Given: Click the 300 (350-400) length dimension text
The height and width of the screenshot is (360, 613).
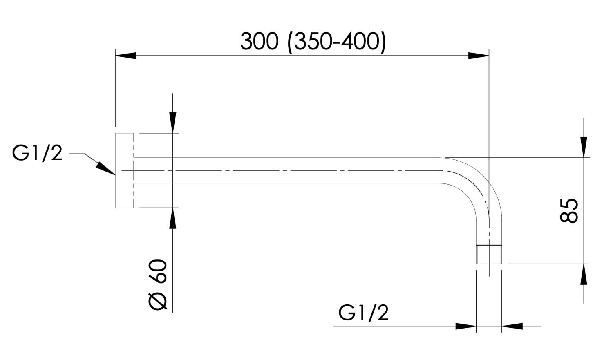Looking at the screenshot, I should click(313, 41).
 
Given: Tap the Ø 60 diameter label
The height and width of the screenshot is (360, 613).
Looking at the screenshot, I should click(159, 285).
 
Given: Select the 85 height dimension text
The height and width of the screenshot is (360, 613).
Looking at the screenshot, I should click(569, 210).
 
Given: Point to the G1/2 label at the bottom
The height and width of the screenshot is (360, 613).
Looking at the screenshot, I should click(363, 313).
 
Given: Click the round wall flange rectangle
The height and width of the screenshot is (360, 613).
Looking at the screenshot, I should click(125, 170).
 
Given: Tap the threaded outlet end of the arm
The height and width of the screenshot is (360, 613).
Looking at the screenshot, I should click(489, 254).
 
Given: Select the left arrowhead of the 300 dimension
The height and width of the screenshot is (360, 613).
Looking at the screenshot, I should click(126, 56).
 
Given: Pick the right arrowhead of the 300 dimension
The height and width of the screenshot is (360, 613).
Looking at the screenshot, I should click(479, 56).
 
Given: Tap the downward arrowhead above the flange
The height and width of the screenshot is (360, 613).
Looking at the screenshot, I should click(173, 122).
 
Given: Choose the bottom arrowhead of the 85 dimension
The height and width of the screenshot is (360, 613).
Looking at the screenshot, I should click(584, 274).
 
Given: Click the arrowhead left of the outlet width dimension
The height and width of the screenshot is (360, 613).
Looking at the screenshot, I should click(466, 326).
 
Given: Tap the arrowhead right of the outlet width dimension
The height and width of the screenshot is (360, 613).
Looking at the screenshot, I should click(512, 326).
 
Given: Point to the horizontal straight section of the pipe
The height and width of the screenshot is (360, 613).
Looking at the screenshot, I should click(286, 170).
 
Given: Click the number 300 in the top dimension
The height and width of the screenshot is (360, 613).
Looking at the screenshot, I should click(259, 41).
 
